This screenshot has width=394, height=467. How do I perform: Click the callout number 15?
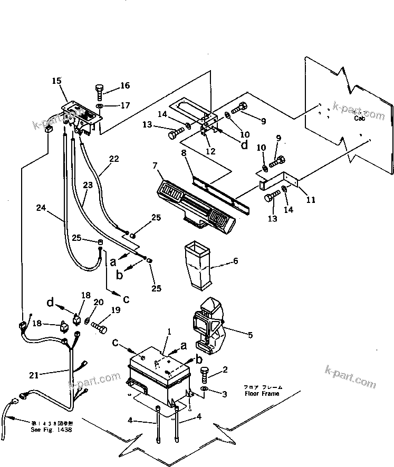pyautogui.click(x=57, y=81)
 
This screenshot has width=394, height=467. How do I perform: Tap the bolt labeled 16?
pyautogui.click(x=100, y=91)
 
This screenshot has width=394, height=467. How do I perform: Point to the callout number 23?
pyautogui.click(x=88, y=186)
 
